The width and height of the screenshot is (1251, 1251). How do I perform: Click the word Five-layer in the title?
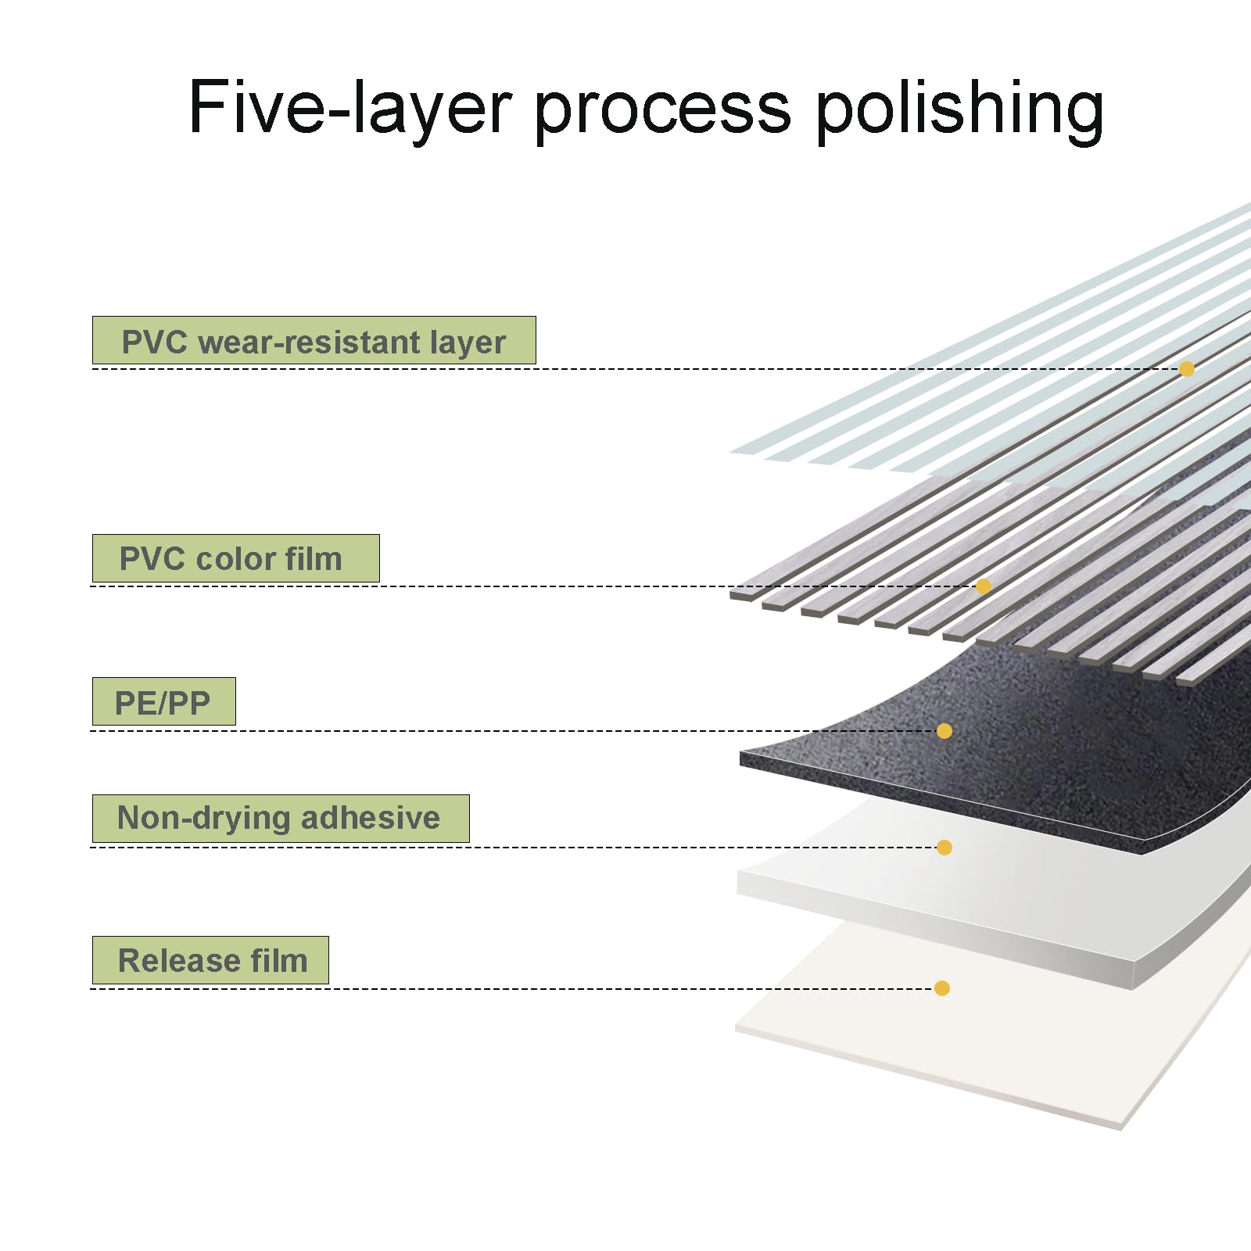351,109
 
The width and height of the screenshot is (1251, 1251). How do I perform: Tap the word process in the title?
663,113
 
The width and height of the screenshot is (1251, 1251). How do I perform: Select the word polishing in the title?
959,109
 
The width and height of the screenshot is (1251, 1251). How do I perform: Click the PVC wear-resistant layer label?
314,341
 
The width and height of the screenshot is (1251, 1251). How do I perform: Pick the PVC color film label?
236,558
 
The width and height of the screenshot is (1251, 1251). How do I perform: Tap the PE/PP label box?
164,701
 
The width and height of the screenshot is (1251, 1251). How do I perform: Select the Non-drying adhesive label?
281,819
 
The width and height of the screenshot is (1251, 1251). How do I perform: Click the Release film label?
210,960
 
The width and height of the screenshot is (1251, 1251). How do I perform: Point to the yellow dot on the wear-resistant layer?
1187,369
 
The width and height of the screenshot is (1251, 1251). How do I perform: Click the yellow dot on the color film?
984,586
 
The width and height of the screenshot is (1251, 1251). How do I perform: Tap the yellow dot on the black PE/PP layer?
945,731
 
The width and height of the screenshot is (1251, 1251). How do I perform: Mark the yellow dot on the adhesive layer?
945,848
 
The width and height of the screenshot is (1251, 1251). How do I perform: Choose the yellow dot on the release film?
942,988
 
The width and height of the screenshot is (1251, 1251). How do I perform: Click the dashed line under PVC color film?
533,586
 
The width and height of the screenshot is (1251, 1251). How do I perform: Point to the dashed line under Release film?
512,989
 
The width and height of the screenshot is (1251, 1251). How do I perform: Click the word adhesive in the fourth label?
371,818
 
